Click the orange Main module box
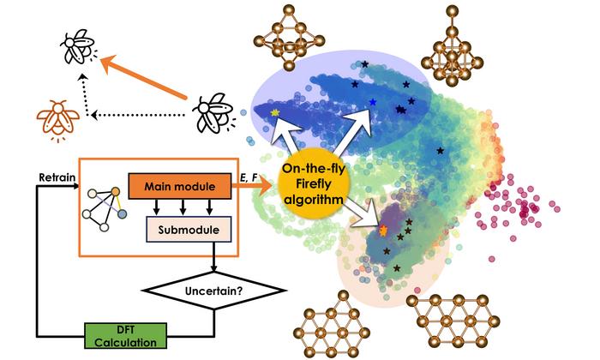tap(179, 186)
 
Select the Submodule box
tap(189, 230)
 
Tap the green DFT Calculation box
tap(125, 335)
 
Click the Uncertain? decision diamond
tap(214, 291)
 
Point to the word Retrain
tap(57, 177)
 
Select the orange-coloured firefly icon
tap(58, 121)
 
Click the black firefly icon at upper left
tap(79, 46)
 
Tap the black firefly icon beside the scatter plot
tap(213, 112)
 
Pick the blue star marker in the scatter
tap(373, 102)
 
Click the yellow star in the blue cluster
tap(275, 112)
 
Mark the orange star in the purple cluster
tap(383, 230)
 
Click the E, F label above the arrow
tap(249, 177)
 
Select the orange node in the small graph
tap(116, 191)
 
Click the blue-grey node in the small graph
tap(122, 214)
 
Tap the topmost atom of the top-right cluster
tap(453, 10)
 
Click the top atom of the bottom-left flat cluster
tap(343, 296)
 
